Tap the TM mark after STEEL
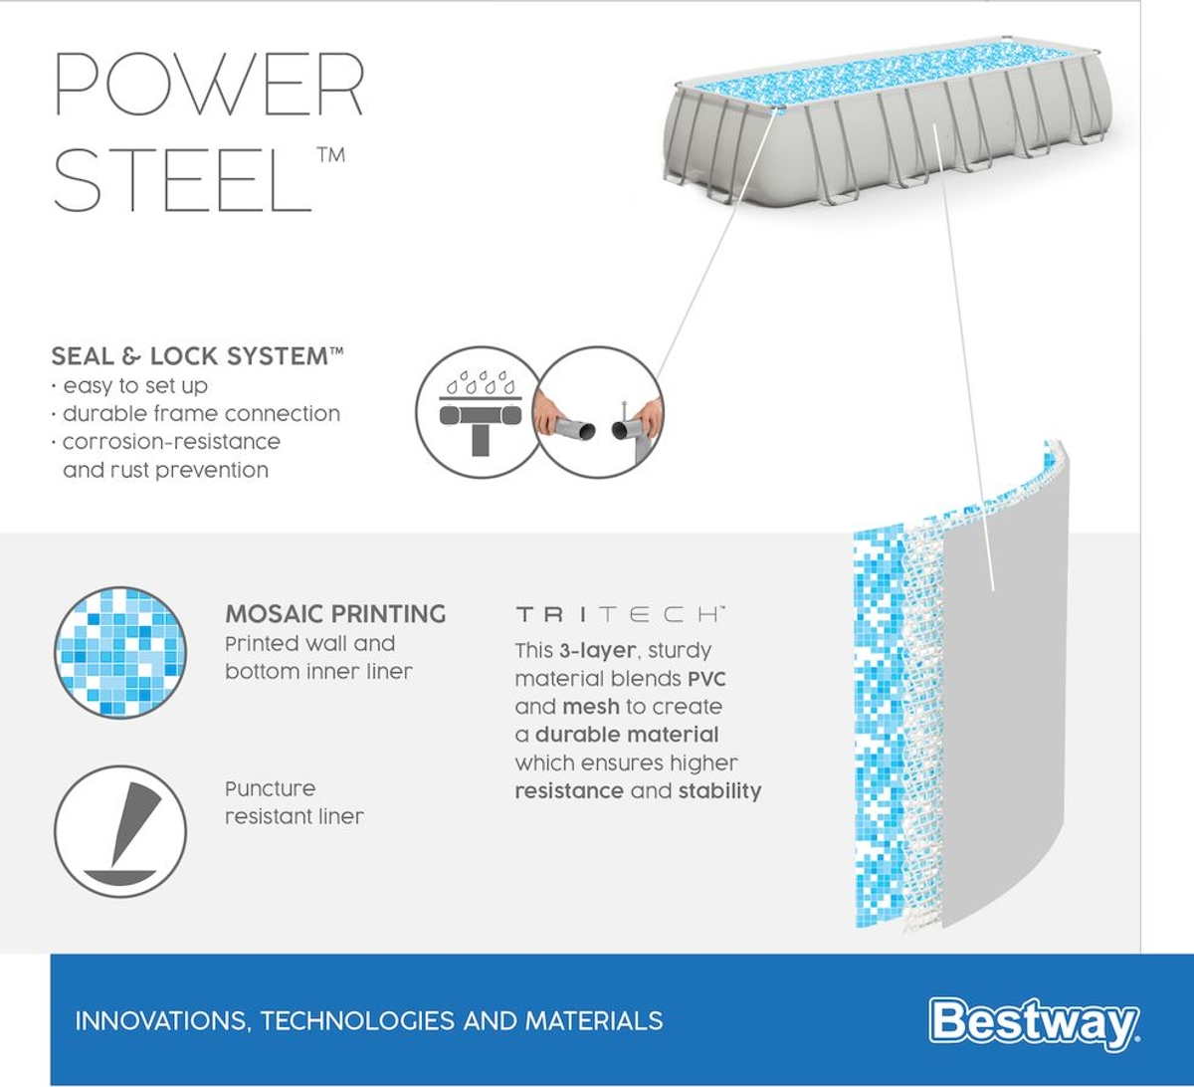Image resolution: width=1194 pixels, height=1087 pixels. [x=331, y=154]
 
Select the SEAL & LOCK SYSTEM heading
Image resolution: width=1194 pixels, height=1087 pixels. [x=197, y=356]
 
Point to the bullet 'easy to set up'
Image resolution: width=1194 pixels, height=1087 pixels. [x=134, y=385]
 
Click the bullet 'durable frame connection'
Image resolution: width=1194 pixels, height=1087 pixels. [x=201, y=413]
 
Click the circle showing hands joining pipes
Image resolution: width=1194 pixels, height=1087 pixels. [x=599, y=412]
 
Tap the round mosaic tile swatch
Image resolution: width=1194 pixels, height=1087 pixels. [x=120, y=652]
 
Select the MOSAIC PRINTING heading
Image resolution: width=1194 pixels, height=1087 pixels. [x=335, y=614]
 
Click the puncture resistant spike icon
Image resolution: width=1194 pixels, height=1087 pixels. [x=120, y=830]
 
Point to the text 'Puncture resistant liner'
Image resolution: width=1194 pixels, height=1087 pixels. [x=294, y=802]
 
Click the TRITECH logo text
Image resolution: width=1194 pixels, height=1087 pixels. [x=619, y=614]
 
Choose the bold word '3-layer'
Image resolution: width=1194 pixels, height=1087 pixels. [x=596, y=651]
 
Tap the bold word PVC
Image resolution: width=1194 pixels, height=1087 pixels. [x=706, y=679]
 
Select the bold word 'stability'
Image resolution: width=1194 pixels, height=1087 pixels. [x=719, y=791]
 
